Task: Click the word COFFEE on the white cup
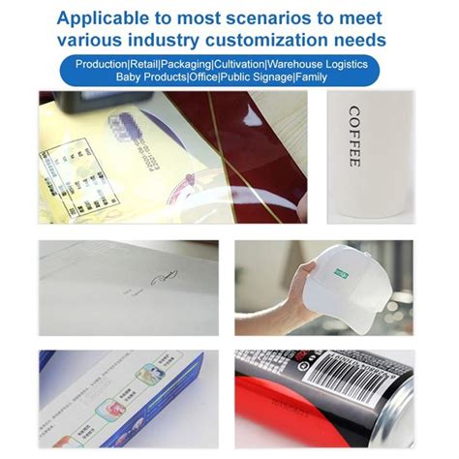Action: [354, 136]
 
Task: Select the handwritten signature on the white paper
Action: [163, 280]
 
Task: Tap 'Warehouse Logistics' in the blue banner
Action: [315, 63]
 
